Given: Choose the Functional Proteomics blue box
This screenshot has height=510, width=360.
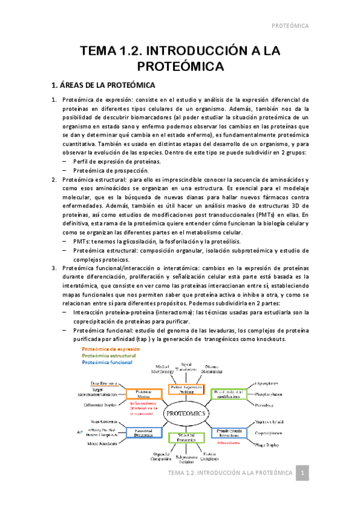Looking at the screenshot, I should (143, 433).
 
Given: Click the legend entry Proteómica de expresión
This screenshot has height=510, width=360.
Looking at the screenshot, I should (111, 349).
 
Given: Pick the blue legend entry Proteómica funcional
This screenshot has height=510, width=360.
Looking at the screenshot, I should (108, 362).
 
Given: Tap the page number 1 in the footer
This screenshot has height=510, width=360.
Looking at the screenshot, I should (304, 474).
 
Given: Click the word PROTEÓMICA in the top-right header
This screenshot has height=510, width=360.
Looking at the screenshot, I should (290, 26).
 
